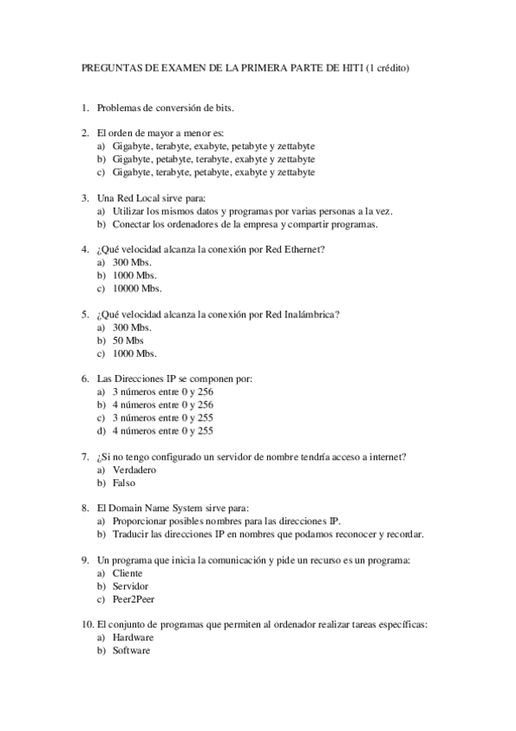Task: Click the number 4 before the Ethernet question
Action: pos(84,250)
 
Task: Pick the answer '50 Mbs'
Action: pos(128,341)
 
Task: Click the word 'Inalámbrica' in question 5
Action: pos(308,315)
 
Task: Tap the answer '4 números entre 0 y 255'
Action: pos(163,431)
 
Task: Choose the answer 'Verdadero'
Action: pos(134,470)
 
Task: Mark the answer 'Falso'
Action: pos(124,483)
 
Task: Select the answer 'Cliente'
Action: pos(127,573)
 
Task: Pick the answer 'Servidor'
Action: pos(131,586)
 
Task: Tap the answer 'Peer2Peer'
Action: pos(134,599)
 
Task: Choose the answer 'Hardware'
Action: pos(133,638)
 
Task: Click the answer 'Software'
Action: pos(131,651)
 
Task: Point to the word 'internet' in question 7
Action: pos(389,457)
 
